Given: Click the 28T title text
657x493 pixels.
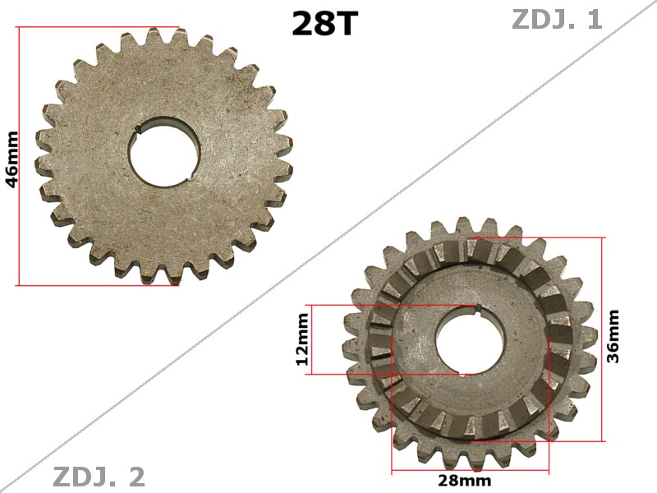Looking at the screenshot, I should click(325, 24).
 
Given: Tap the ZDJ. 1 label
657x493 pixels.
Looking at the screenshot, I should click(557, 20).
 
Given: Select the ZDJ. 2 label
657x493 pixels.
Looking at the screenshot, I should click(99, 477).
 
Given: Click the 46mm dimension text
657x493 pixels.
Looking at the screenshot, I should click(12, 159).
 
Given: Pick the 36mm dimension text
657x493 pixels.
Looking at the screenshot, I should click(613, 335).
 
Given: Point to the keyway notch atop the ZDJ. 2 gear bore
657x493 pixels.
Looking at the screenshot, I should click(476, 308).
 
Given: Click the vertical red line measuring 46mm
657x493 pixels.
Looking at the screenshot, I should click(17, 156).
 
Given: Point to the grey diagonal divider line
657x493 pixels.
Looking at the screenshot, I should click(328, 246).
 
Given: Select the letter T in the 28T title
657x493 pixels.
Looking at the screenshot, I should click(347, 24).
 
